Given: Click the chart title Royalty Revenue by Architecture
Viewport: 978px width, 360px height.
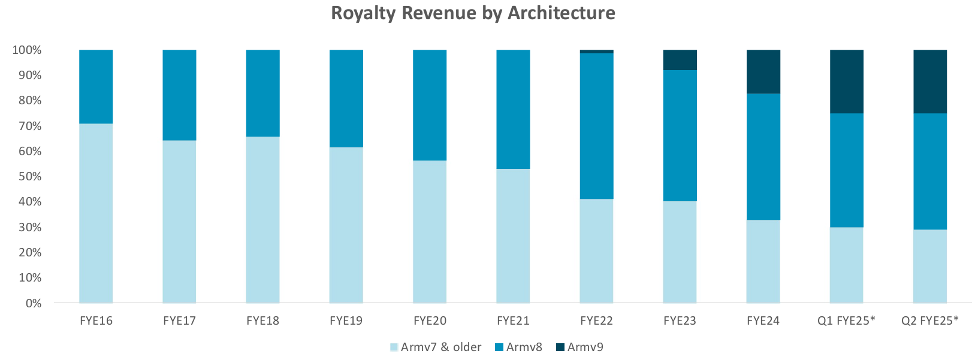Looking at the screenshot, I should pos(473,13).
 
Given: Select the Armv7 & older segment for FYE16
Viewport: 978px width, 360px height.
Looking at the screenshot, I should pos(96,213).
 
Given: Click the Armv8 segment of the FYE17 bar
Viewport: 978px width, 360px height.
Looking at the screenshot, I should pos(179,95).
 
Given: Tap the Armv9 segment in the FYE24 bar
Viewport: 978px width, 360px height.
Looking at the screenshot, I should pos(763,72).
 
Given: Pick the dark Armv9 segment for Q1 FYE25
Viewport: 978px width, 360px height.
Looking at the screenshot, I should pos(846,81).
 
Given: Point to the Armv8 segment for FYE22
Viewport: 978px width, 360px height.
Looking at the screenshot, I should pos(596,126).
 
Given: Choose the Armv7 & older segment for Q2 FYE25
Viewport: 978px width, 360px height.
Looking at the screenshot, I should pos(929,266).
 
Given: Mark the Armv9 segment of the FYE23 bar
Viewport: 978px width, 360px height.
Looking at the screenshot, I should pos(680,60).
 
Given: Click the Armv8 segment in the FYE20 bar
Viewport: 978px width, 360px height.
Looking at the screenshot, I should pos(430,105).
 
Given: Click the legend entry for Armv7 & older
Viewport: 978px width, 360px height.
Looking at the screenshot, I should pos(436,347).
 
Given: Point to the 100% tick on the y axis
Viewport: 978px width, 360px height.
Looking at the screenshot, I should pos(27,50).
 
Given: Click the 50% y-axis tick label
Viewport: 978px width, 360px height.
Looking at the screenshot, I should pos(29,177).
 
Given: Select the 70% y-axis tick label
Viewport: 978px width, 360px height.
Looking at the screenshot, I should pos(29,126).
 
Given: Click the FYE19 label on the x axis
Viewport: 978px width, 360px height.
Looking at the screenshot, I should pos(346,320).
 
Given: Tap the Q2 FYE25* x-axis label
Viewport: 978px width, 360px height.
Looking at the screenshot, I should pos(929,320).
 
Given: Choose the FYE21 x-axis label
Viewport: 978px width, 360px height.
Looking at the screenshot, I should pos(513,320).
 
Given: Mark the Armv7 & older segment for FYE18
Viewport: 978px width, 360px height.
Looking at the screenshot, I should pos(262,220).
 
